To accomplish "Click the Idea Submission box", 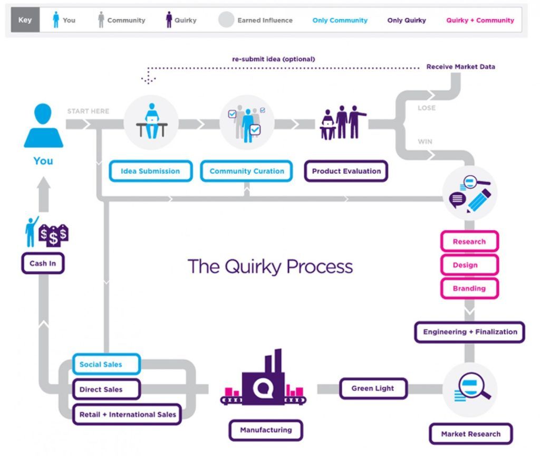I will pyautogui.click(x=150, y=171).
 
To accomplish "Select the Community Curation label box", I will pyautogui.click(x=247, y=171).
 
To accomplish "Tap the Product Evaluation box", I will pyautogui.click(x=346, y=171).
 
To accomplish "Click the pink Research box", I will pyautogui.click(x=469, y=242).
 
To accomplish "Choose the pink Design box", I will pyautogui.click(x=469, y=265).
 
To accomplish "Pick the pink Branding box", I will pyautogui.click(x=469, y=289).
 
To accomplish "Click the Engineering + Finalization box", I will pyautogui.click(x=470, y=332).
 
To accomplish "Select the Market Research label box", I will pyautogui.click(x=470, y=434).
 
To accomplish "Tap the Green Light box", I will pyautogui.click(x=373, y=388).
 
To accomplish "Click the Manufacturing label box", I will pyautogui.click(x=266, y=430).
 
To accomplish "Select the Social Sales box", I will pyautogui.click(x=106, y=364).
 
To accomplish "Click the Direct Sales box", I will pyautogui.click(x=106, y=389).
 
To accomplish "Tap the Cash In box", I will pyautogui.click(x=43, y=263).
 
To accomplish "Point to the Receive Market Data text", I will pyautogui.click(x=460, y=67).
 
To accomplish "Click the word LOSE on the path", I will pyautogui.click(x=427, y=108).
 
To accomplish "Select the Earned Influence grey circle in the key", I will pyautogui.click(x=226, y=20).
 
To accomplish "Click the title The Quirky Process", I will pyautogui.click(x=270, y=266).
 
